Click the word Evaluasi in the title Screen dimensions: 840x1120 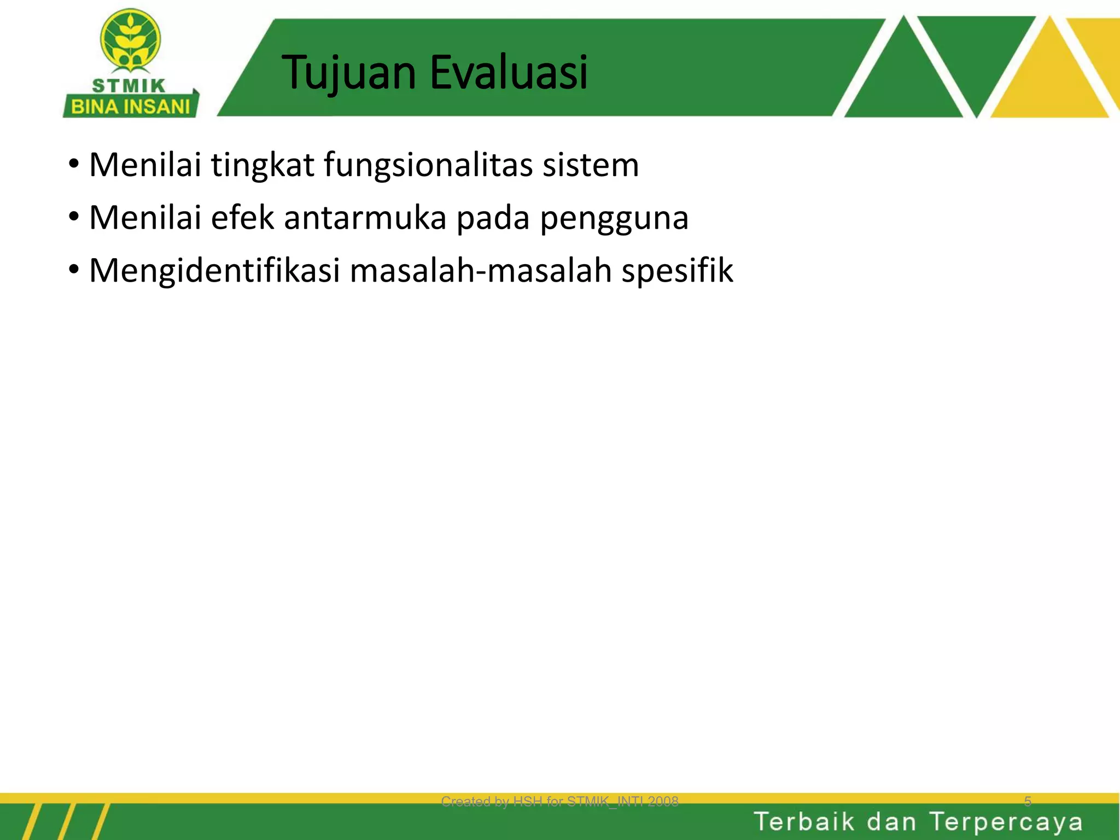(509, 72)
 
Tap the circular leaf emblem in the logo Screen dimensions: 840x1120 (130, 40)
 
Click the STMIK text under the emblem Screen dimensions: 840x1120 (129, 86)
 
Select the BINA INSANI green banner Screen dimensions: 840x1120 (130, 106)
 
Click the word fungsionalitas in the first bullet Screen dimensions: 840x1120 (428, 165)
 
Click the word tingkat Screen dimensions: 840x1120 (262, 165)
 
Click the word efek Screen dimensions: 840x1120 (242, 218)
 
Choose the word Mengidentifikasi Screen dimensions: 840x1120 (214, 271)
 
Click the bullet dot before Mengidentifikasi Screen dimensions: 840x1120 (74, 270)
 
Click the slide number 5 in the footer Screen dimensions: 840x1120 (1028, 802)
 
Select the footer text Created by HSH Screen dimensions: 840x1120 (559, 802)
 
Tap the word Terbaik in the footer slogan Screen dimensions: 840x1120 (804, 822)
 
